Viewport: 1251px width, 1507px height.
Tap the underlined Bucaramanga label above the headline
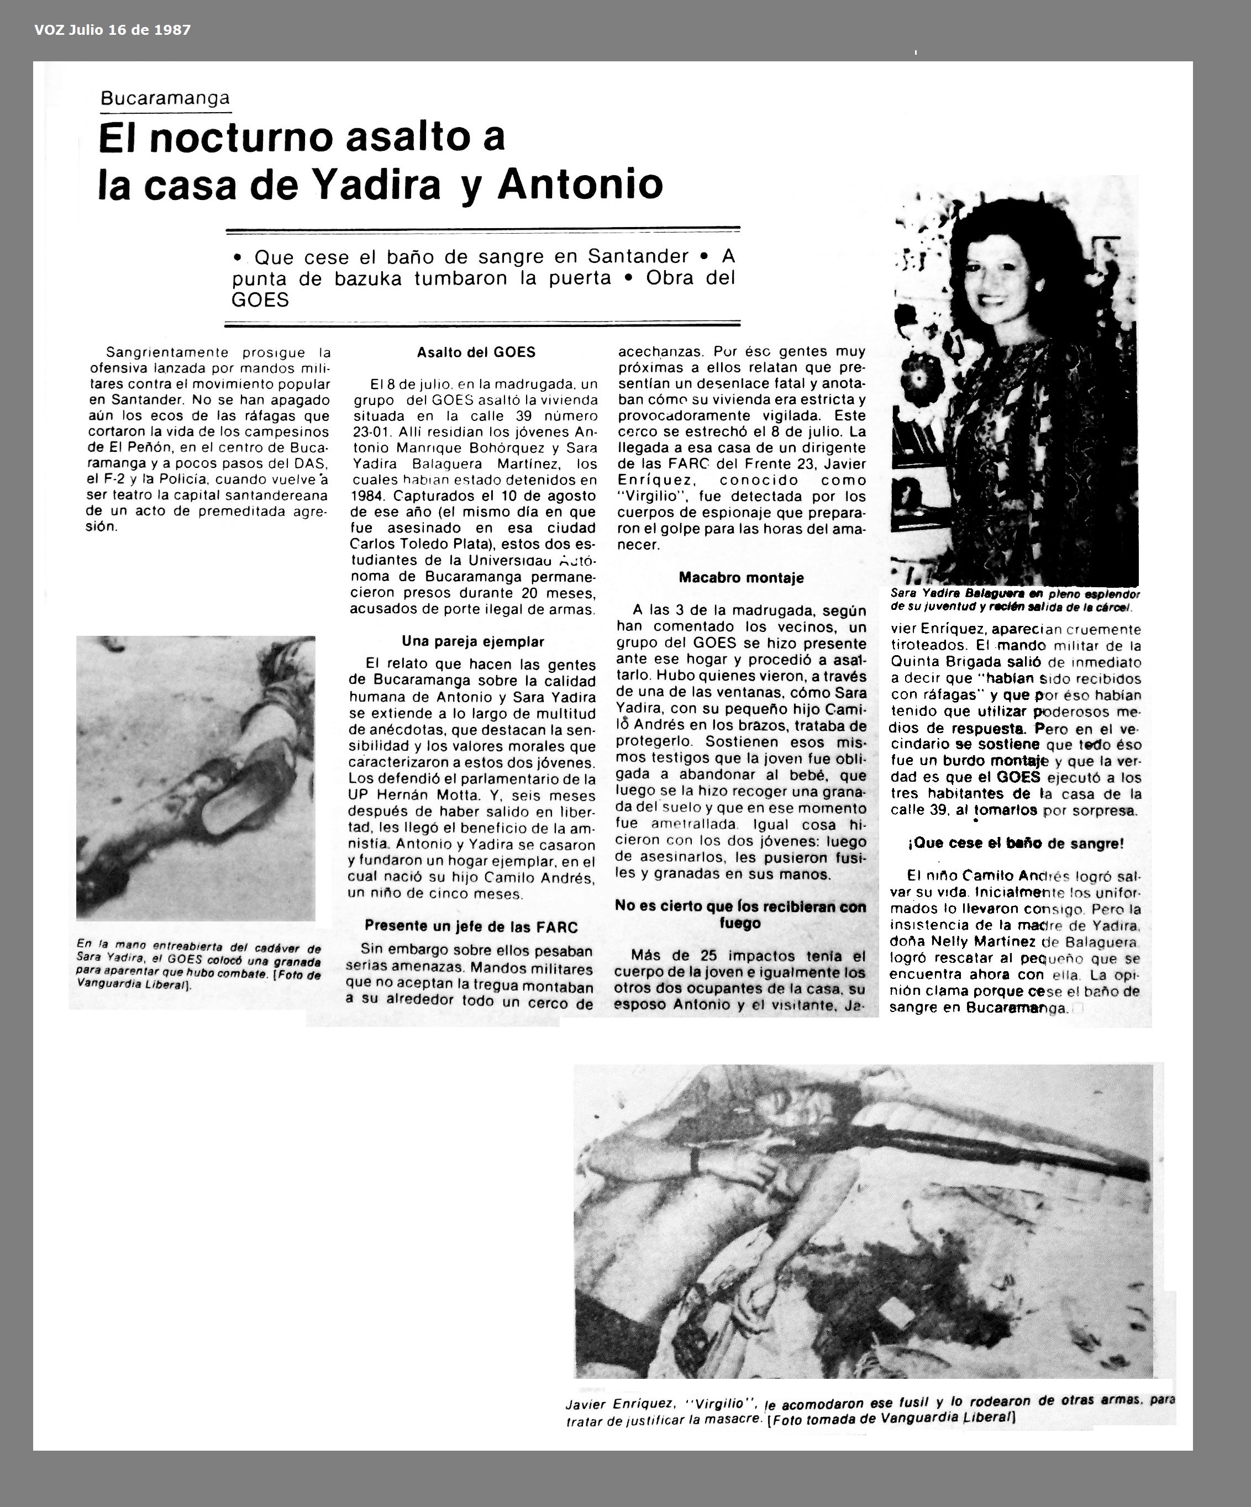click(165, 98)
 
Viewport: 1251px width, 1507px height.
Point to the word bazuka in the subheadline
click(367, 278)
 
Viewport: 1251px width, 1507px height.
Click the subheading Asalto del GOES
click(476, 352)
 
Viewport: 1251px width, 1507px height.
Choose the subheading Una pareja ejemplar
click(473, 641)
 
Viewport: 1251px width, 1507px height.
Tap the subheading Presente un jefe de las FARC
click(471, 926)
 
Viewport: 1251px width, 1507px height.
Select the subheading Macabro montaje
click(740, 578)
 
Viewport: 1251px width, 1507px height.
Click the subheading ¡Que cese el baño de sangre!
click(1016, 843)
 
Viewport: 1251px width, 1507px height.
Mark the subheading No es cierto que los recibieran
click(740, 907)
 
